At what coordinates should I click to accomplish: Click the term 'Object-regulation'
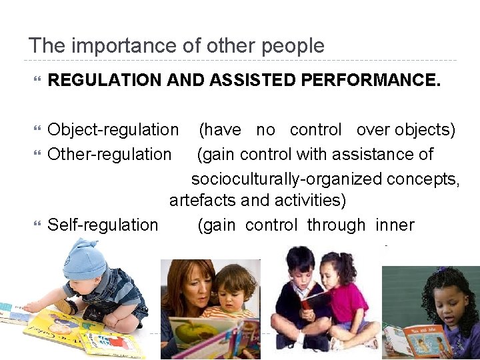[x=113, y=129]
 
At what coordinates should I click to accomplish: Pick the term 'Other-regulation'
[x=109, y=154]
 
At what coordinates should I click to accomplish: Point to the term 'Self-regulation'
[x=103, y=225]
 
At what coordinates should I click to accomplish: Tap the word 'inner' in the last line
[x=395, y=225]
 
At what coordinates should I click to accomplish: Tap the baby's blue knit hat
[x=83, y=260]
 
